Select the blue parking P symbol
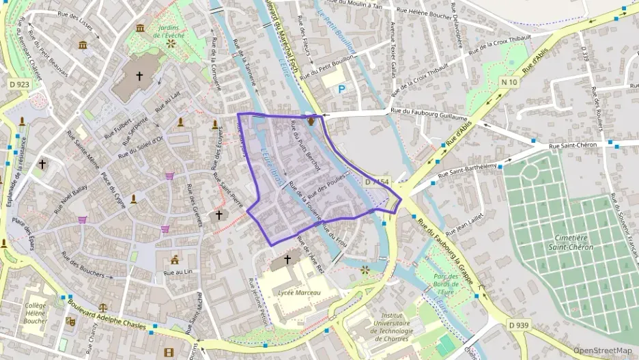click(x=341, y=89)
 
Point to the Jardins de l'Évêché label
click(x=171, y=31)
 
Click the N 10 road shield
click(x=507, y=82)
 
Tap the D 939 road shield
click(x=518, y=324)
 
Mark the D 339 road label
click(x=585, y=55)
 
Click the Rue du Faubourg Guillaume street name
click(x=428, y=110)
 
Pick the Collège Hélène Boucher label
click(x=35, y=313)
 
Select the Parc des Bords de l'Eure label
click(x=445, y=280)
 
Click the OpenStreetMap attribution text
click(x=602, y=350)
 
